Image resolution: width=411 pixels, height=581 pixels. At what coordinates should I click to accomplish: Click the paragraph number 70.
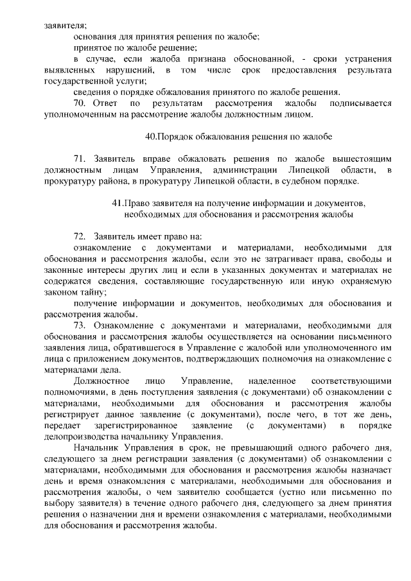[x=81, y=103]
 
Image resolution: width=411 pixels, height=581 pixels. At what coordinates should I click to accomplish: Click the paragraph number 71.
[x=80, y=158]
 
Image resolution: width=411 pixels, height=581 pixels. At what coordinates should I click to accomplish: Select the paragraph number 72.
[x=80, y=236]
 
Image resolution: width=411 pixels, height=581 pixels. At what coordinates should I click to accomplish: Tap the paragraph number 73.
[x=80, y=325]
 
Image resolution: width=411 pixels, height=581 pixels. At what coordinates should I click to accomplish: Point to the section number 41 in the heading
[x=117, y=203]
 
